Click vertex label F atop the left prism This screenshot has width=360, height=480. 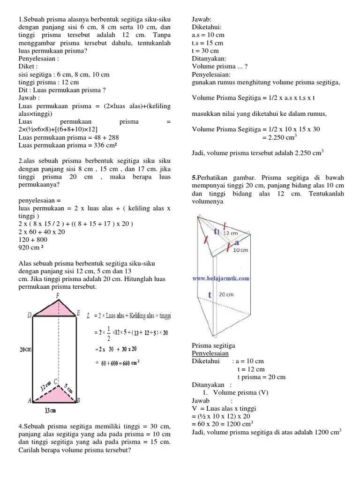pos(57,296)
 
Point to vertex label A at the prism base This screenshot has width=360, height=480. pos(30,401)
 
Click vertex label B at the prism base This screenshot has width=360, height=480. pos(78,400)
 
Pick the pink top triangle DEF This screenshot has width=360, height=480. pos(55,310)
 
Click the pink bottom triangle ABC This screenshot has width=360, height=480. pos(55,395)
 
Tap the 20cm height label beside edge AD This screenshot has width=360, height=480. pos(25,350)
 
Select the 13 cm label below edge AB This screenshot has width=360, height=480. pos(51,411)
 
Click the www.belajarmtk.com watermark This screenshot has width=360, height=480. pos(220,278)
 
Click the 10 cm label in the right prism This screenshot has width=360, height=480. pos(240,250)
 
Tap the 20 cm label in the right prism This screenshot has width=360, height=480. pos(226,295)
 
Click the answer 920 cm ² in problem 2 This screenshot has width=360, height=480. pos(31,247)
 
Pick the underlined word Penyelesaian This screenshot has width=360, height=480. pos(210,353)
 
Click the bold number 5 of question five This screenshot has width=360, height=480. pos(194,178)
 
